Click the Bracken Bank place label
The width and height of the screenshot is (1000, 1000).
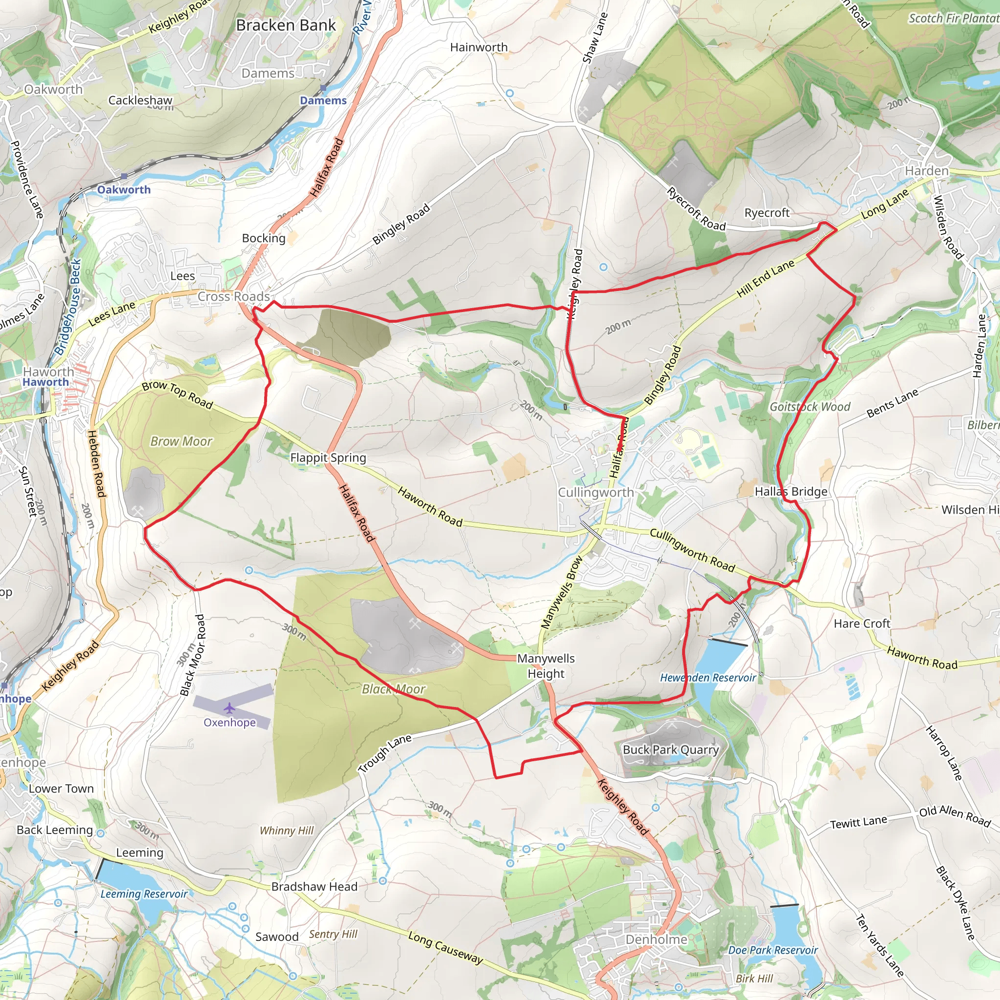(286, 25)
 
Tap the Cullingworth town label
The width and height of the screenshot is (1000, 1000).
(596, 492)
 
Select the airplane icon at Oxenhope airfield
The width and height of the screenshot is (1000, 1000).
(230, 708)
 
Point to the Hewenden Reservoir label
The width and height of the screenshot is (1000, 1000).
(708, 678)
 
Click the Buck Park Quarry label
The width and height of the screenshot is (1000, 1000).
(671, 750)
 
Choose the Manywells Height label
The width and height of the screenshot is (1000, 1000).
(546, 666)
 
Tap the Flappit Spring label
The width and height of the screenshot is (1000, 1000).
(328, 458)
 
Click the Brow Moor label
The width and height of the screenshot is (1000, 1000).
(181, 441)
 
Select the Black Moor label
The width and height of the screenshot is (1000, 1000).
(394, 689)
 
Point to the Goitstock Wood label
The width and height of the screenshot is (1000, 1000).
(810, 407)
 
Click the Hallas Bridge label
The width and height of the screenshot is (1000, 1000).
(791, 491)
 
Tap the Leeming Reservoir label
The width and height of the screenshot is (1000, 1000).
(144, 894)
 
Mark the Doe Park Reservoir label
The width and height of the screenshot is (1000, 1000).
(773, 950)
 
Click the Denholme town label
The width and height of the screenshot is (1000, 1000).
(656, 939)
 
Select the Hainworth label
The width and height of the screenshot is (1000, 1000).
(479, 47)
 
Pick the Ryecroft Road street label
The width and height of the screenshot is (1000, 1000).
(696, 209)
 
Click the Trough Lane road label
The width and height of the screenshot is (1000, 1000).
(385, 753)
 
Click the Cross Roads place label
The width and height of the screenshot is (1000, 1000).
(234, 296)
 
